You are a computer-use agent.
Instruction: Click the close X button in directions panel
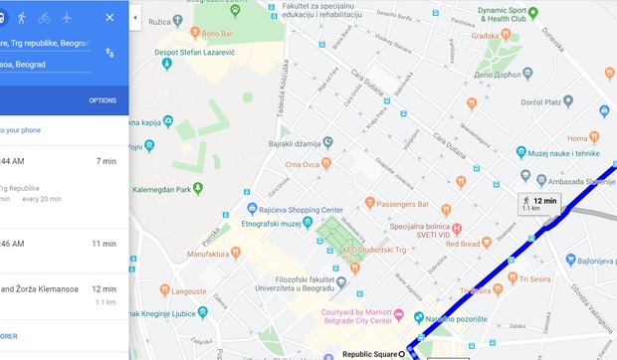[x=109, y=18]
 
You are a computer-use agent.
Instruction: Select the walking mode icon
[x=21, y=18]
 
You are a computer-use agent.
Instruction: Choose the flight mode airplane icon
[x=67, y=18]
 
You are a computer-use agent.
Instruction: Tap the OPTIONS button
[x=103, y=100]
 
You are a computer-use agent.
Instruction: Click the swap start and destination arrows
[x=109, y=53]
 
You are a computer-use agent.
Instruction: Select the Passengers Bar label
[x=400, y=203]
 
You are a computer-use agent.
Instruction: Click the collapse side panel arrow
[x=135, y=18]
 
